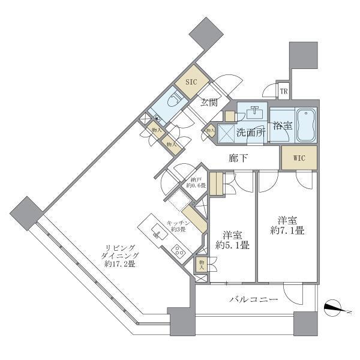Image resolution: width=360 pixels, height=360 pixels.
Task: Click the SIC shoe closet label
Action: [190, 82]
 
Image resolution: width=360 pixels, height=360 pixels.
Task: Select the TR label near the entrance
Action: [284, 92]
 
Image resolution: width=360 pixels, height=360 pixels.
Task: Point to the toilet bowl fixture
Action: [176, 102]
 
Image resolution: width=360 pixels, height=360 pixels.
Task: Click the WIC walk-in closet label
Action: [299, 158]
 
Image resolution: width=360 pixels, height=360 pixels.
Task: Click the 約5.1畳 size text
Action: [233, 245]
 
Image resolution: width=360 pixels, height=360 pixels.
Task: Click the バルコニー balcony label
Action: [251, 300]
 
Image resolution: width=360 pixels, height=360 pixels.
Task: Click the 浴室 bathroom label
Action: [283, 126]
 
